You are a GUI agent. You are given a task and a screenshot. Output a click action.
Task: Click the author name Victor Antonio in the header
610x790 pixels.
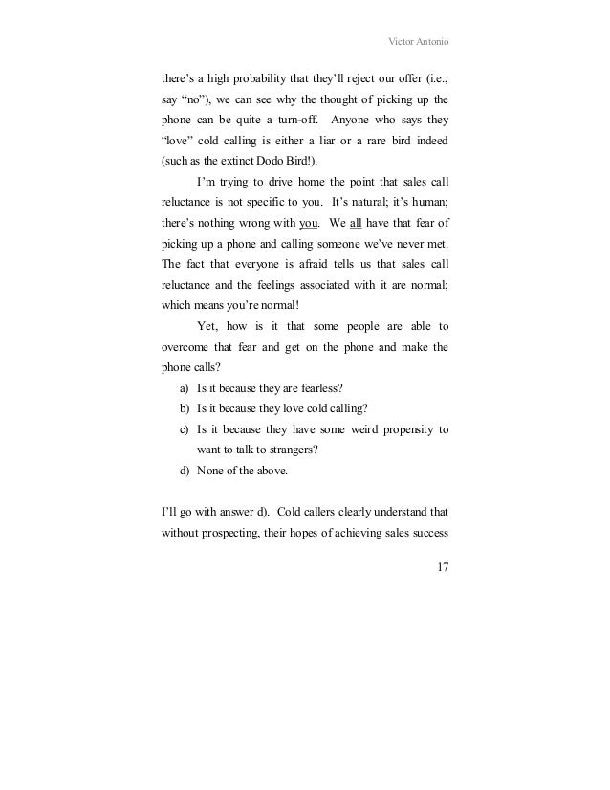point(414,42)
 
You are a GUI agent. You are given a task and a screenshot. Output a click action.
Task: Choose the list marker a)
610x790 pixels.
point(184,388)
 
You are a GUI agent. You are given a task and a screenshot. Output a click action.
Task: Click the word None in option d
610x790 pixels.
point(209,471)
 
